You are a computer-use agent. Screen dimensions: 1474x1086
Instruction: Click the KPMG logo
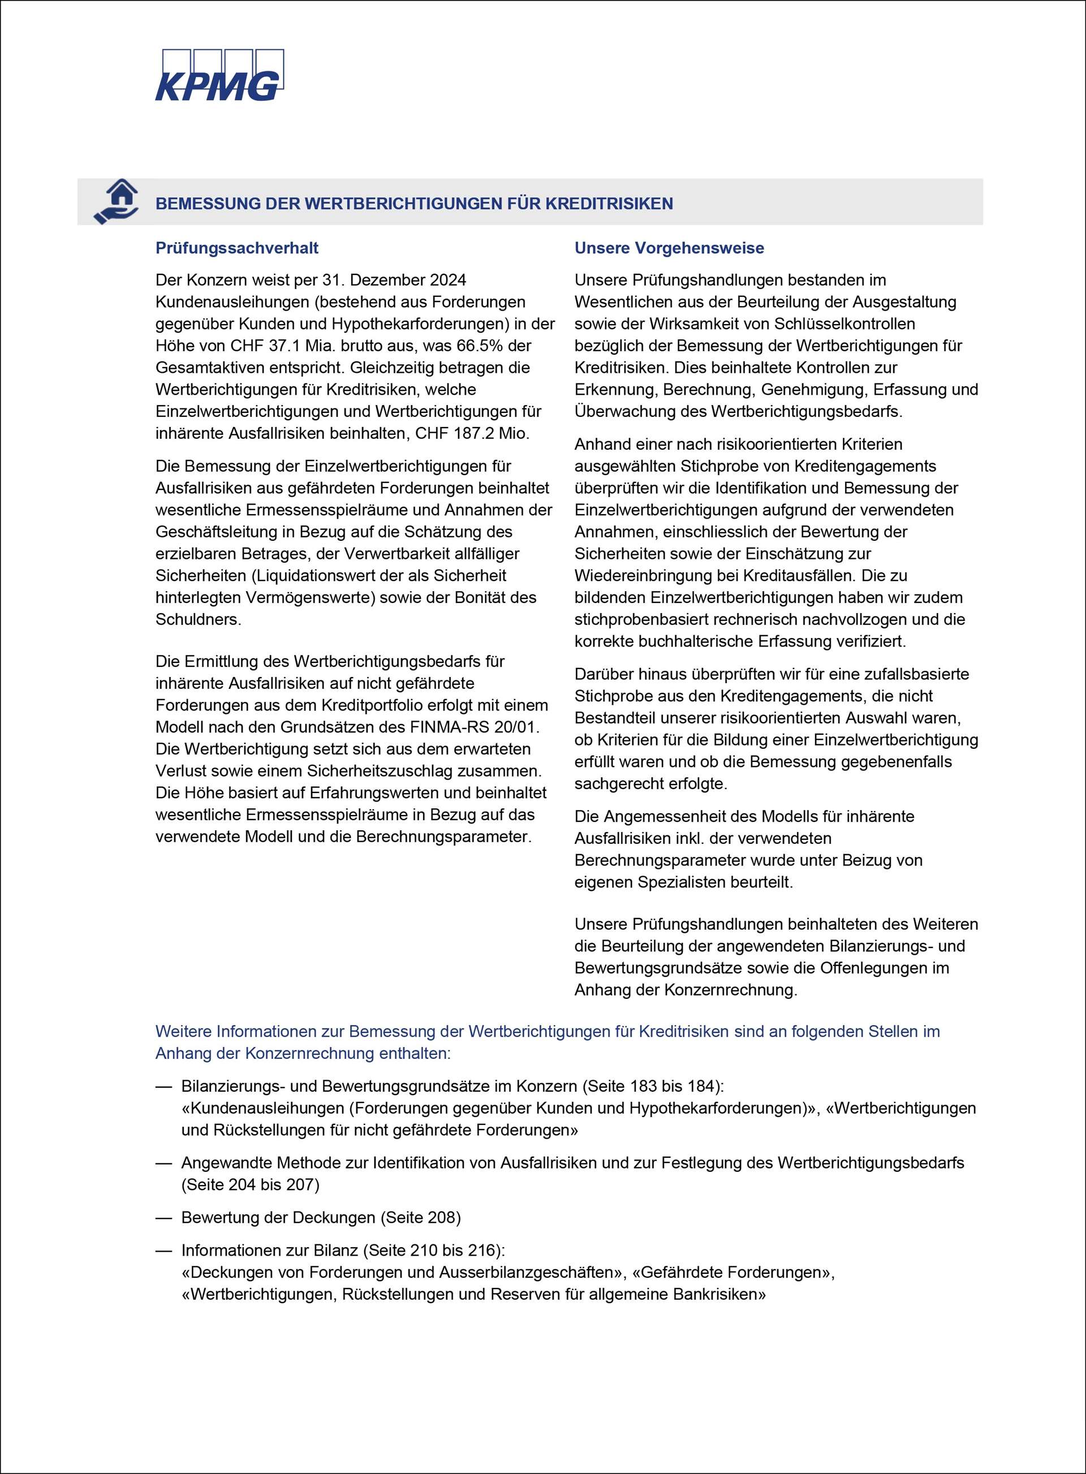pyautogui.click(x=219, y=76)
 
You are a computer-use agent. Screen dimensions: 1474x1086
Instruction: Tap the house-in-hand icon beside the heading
pyautogui.click(x=117, y=201)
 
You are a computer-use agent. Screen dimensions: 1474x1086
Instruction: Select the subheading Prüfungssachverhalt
pyautogui.click(x=236, y=248)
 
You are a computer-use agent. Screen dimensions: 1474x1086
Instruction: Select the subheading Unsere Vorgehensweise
pyautogui.click(x=669, y=248)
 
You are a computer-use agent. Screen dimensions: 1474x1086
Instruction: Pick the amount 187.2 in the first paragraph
pyautogui.click(x=481, y=433)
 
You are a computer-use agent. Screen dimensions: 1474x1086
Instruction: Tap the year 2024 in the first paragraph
pyautogui.click(x=447, y=280)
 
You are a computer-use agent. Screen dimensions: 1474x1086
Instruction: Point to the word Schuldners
pyautogui.click(x=198, y=619)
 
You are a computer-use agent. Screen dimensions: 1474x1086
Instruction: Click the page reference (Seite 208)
pyautogui.click(x=421, y=1218)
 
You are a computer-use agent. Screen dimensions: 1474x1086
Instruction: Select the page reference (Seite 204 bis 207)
pyautogui.click(x=251, y=1185)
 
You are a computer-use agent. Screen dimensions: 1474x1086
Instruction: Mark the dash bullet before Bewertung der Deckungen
pyautogui.click(x=163, y=1218)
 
